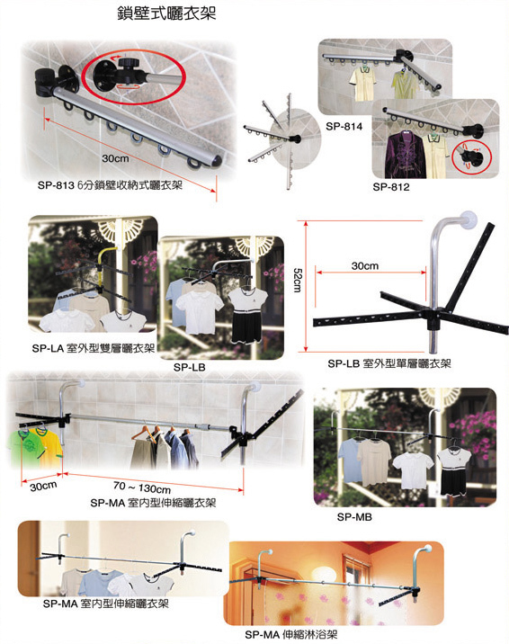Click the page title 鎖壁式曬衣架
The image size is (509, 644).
click(166, 13)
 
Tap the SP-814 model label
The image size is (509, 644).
click(344, 127)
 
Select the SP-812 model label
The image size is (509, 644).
click(391, 187)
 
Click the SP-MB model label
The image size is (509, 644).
click(354, 517)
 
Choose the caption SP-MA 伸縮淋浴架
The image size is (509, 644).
click(291, 634)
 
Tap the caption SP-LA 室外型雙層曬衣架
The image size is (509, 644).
click(94, 348)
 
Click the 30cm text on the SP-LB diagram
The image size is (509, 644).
click(364, 266)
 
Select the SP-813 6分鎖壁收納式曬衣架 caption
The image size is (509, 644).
click(110, 185)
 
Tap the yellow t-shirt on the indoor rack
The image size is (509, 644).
click(51, 448)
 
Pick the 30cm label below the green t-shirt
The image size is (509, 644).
click(43, 487)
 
